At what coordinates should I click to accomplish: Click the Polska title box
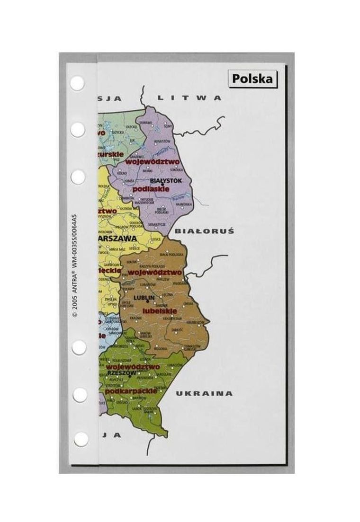tap(253, 79)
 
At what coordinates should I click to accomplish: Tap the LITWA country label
tap(189, 98)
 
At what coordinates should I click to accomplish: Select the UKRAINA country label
tap(204, 393)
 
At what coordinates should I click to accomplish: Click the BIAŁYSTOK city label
tap(162, 180)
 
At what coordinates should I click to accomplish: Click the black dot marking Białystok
tap(162, 185)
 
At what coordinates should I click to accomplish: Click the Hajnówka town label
tap(186, 204)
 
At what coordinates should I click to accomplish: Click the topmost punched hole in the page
tap(77, 83)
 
